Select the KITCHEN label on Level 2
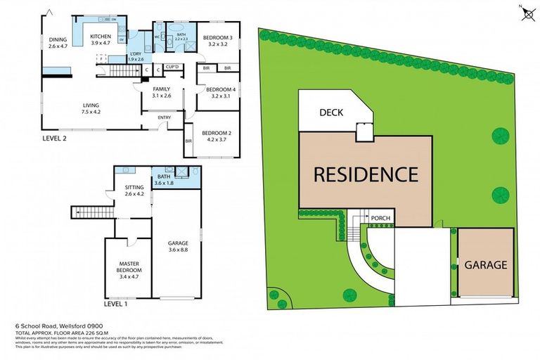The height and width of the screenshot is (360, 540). coord(101,36)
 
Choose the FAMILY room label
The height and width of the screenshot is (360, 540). coord(162,89)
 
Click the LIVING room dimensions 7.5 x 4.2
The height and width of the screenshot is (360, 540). coord(91,111)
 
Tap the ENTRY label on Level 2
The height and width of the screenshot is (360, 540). coord(164,117)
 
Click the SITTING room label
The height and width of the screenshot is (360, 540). coord(134,188)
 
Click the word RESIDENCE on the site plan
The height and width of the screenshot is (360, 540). coord(365,173)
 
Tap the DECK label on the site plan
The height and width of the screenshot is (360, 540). coord(330,112)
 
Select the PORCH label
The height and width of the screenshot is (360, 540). coord(380,219)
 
